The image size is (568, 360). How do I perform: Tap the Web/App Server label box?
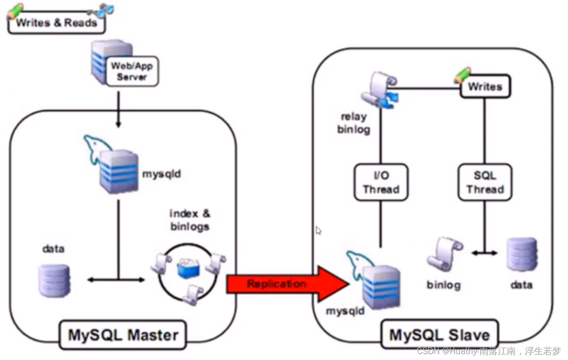132,71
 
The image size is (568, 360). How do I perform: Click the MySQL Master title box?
122,335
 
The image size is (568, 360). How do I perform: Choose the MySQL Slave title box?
439,335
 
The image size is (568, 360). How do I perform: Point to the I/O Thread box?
381,182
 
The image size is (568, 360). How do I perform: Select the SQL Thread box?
485,182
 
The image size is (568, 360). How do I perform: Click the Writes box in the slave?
485,87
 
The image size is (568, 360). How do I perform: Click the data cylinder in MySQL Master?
54,280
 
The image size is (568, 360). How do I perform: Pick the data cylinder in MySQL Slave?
522,254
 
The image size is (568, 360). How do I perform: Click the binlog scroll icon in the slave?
444,254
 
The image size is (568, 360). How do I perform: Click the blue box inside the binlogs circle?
188,268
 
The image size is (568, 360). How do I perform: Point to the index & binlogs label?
190,220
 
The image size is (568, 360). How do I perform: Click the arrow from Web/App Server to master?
118,109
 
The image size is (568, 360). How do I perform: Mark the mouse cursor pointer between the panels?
318,231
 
